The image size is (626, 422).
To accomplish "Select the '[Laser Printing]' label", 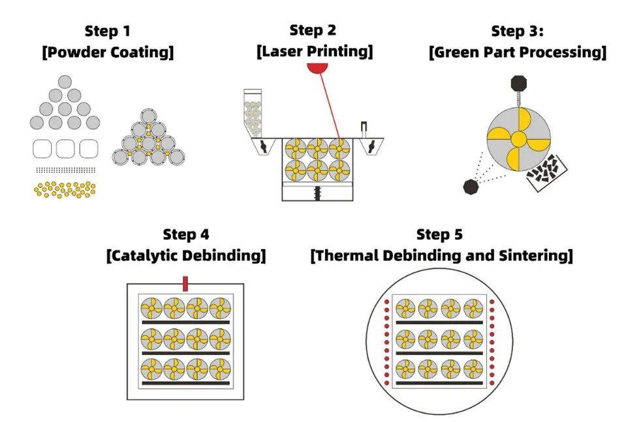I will (314, 52).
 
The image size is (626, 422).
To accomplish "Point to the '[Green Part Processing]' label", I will (517, 52).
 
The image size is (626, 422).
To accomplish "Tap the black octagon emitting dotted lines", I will (471, 186).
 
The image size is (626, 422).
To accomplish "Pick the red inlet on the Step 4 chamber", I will (185, 284).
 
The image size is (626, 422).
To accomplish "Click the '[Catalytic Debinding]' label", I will (186, 256).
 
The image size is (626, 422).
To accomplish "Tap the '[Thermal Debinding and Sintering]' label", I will (442, 256).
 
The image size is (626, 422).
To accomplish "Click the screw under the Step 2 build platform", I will (317, 192).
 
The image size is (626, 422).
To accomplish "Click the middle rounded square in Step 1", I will (65, 149).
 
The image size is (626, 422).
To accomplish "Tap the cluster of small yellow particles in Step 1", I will (64, 189).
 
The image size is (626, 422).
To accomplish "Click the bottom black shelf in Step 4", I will (186, 383).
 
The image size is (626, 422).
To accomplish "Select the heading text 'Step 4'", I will (186, 234).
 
